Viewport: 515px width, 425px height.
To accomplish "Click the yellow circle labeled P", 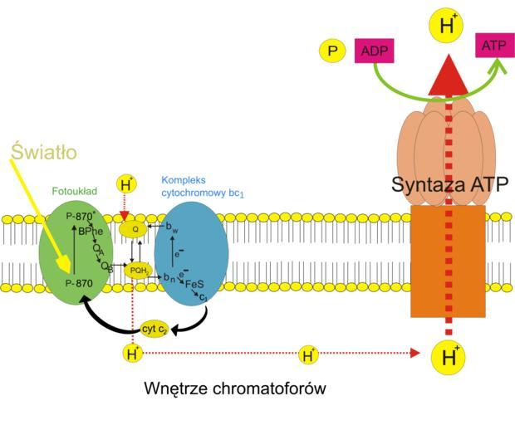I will tap(332, 51).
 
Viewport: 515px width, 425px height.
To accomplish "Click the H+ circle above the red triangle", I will tap(447, 25).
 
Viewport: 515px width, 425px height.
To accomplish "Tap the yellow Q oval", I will tap(134, 228).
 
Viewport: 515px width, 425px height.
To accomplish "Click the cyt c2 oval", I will tap(155, 329).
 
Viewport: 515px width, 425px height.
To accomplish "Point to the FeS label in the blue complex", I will tap(195, 283).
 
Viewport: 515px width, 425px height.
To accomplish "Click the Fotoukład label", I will tap(76, 191).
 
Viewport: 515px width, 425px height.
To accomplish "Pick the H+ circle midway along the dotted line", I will tap(308, 354).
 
